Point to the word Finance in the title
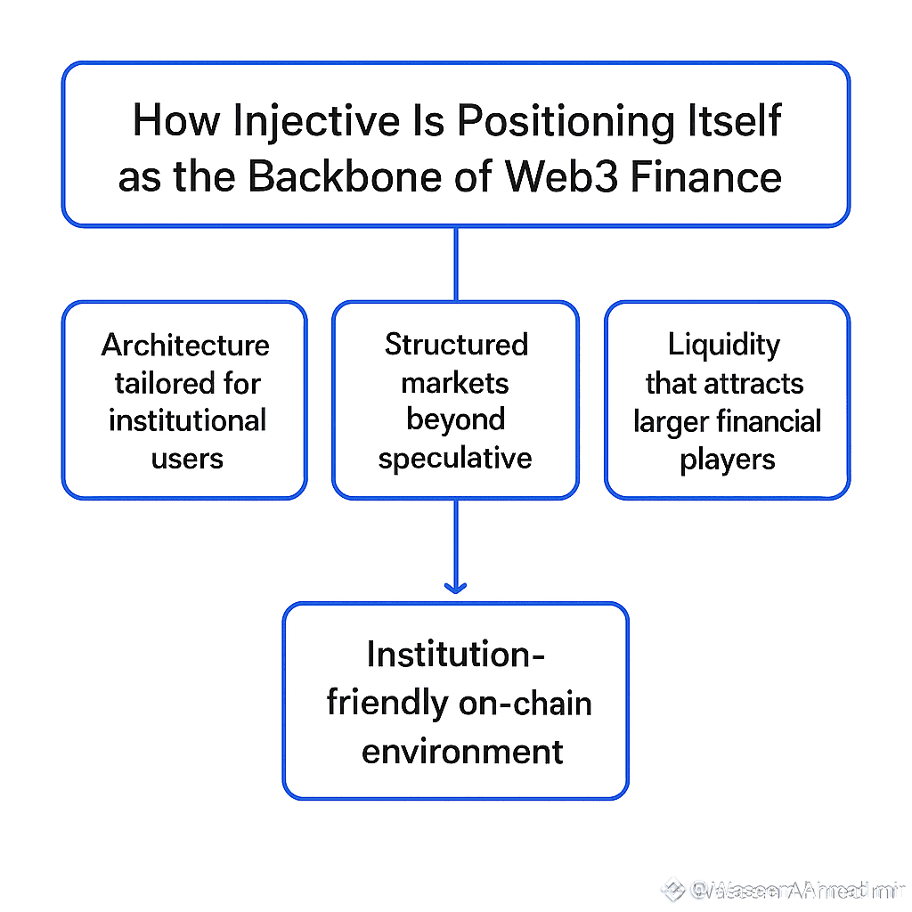(706, 176)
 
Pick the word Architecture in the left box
(185, 345)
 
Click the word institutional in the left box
(187, 420)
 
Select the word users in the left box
(187, 459)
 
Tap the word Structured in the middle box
(456, 345)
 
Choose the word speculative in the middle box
(455, 458)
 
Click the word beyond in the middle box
(455, 419)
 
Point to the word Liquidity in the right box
(724, 345)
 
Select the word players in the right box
(728, 460)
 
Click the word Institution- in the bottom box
(456, 655)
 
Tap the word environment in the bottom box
(462, 751)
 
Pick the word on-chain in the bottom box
(524, 704)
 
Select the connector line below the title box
(455, 264)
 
